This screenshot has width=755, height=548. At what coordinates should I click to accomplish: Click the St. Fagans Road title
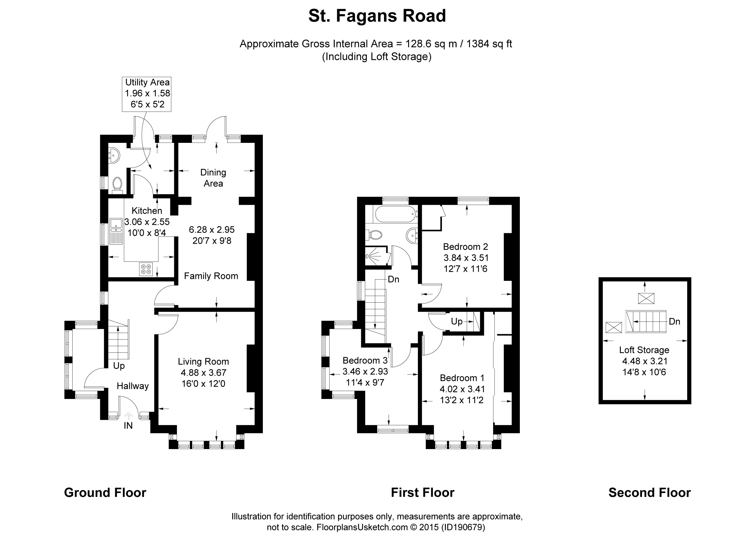click(x=377, y=16)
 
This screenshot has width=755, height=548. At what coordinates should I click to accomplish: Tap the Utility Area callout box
click(x=147, y=93)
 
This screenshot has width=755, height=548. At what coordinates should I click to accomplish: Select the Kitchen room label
click(x=147, y=211)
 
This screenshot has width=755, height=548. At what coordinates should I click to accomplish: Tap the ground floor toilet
click(x=117, y=185)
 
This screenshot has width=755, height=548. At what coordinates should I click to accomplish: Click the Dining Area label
click(x=213, y=178)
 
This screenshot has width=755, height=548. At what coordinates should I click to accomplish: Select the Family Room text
click(x=211, y=276)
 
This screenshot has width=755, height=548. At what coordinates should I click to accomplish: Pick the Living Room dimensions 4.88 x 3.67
click(x=203, y=372)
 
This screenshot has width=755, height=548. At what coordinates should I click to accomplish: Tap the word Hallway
click(x=133, y=386)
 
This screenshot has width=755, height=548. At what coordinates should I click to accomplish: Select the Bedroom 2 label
click(x=465, y=247)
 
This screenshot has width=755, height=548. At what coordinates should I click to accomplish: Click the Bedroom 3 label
click(x=365, y=361)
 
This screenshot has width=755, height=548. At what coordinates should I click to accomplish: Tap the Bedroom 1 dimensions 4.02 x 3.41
click(x=463, y=389)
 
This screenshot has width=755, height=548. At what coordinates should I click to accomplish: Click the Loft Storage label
click(x=644, y=350)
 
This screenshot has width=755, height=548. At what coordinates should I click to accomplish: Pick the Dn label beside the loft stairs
click(x=675, y=322)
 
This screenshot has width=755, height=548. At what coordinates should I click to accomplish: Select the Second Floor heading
click(x=649, y=492)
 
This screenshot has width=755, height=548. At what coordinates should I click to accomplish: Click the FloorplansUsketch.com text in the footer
click(x=362, y=527)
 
